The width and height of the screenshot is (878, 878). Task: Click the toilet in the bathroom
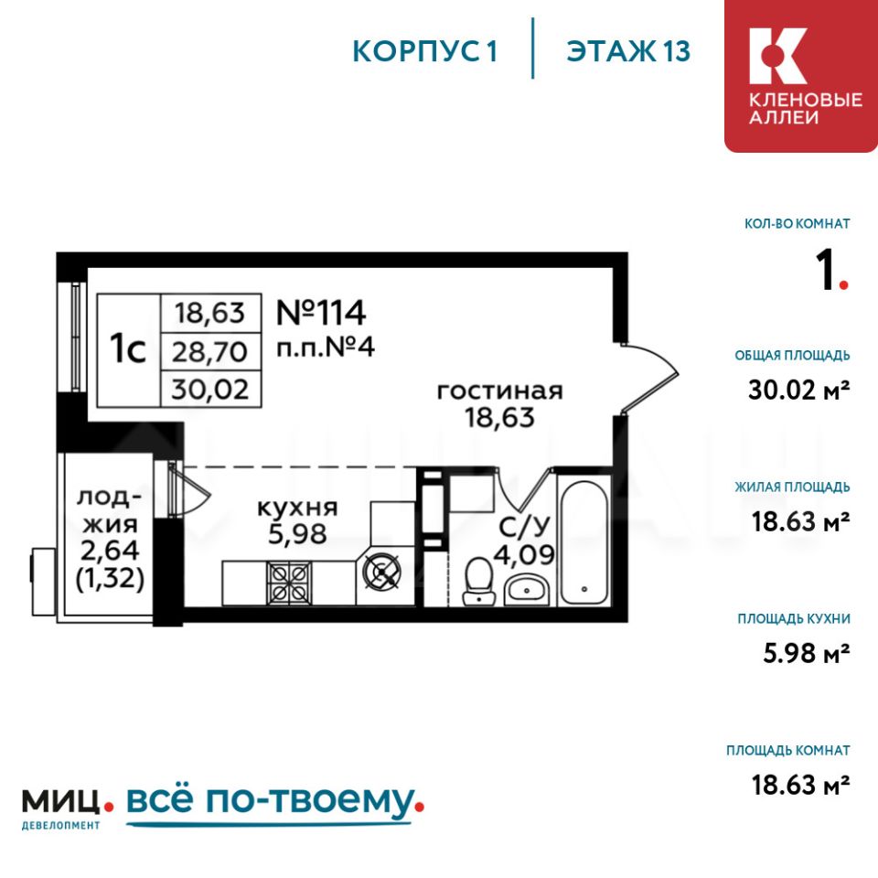tap(478, 581)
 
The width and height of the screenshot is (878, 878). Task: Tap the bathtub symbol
tap(584, 541)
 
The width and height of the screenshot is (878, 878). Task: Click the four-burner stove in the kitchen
tap(290, 583)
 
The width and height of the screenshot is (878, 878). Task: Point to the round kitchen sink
tap(382, 572)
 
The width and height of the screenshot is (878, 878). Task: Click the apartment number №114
tap(321, 313)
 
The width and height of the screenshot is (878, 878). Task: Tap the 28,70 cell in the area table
tap(210, 352)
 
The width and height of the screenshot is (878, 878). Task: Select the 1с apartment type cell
tap(128, 350)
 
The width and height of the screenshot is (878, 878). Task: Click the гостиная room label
tap(499, 391)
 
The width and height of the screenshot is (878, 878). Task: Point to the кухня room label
tap(297, 508)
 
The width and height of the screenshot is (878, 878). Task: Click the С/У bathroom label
tap(524, 527)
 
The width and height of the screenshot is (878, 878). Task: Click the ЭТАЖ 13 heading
tap(628, 51)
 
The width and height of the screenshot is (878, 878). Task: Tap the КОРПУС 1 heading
tap(424, 51)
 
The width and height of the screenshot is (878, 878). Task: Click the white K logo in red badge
tap(777, 56)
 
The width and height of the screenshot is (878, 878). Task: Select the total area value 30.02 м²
tap(799, 390)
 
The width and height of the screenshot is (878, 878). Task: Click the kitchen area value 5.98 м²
tap(807, 653)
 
